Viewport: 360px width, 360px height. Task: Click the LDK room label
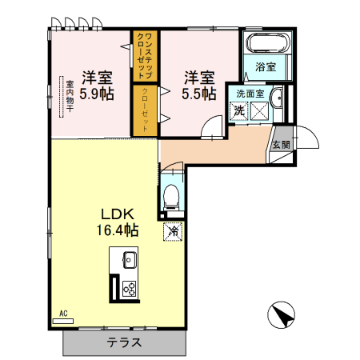click(x=121, y=214)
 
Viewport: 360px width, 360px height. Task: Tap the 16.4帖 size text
click(x=121, y=230)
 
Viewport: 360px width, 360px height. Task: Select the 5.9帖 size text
click(x=96, y=94)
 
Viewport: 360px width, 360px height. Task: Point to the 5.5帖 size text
click(x=199, y=94)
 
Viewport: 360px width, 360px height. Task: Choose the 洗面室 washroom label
click(x=247, y=94)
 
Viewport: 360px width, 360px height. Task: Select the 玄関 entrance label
click(x=281, y=145)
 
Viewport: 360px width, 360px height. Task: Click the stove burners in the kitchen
click(x=128, y=289)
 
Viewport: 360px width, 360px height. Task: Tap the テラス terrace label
click(x=125, y=343)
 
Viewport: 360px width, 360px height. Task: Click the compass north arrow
click(x=282, y=314)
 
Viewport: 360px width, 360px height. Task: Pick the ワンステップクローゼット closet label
click(x=146, y=54)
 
